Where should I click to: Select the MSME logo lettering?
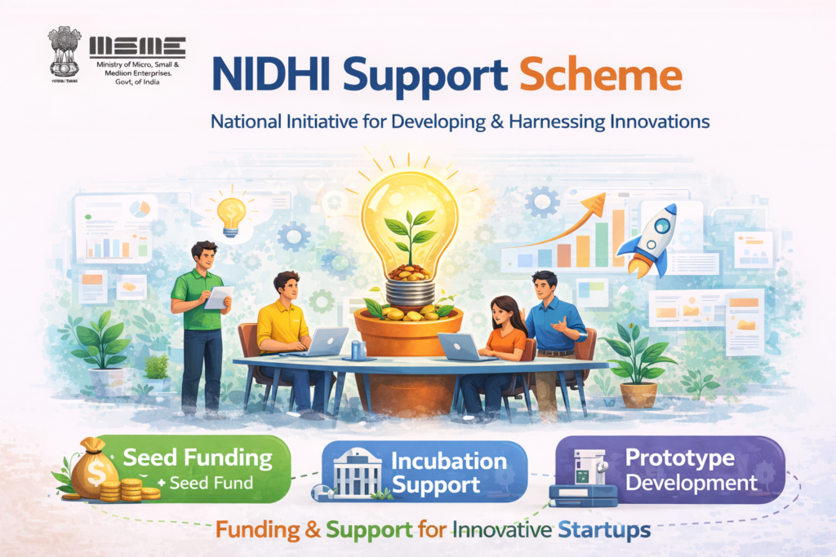point(137,46)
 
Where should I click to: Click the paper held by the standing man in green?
point(218,297)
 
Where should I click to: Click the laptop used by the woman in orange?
point(457,345)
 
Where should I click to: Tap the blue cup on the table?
point(357,350)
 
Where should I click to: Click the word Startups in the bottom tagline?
point(605,530)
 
